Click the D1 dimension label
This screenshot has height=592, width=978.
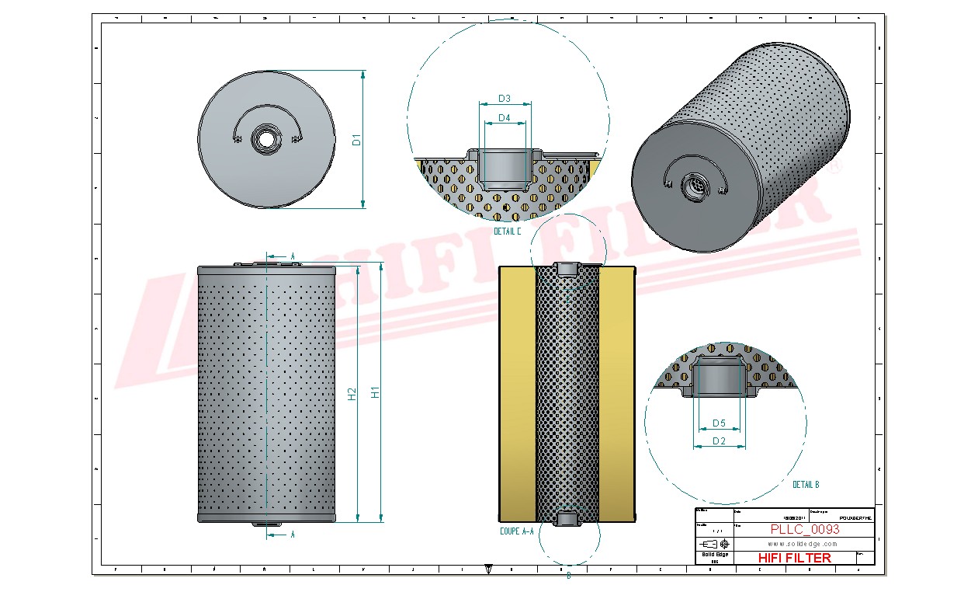(x=357, y=140)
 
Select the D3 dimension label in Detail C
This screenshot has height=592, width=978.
(x=504, y=99)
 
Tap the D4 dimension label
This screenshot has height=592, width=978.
(x=504, y=118)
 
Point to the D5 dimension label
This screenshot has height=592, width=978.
(x=719, y=423)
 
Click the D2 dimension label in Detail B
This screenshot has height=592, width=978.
(x=719, y=441)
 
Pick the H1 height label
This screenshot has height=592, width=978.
(x=376, y=392)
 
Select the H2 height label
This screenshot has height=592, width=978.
(x=352, y=394)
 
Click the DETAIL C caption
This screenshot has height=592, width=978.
(x=508, y=232)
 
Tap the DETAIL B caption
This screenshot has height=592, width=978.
(x=806, y=485)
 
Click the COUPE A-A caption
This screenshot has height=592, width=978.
(x=516, y=532)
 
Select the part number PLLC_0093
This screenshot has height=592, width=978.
(x=804, y=529)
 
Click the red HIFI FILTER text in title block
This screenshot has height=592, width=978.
(x=793, y=558)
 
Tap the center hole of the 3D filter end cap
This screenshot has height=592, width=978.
(x=695, y=186)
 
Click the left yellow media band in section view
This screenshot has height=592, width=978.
(x=517, y=392)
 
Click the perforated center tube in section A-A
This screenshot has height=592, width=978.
(x=567, y=392)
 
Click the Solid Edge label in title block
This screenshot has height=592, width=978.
(x=714, y=554)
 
